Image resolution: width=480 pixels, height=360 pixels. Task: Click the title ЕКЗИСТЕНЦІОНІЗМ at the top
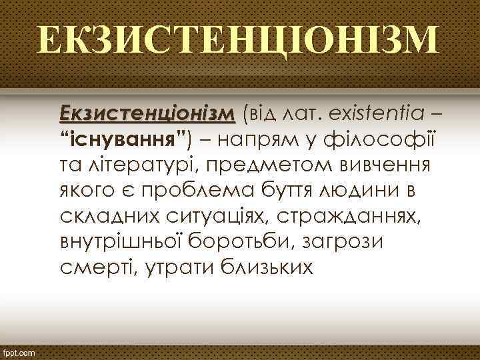pos(239,41)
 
